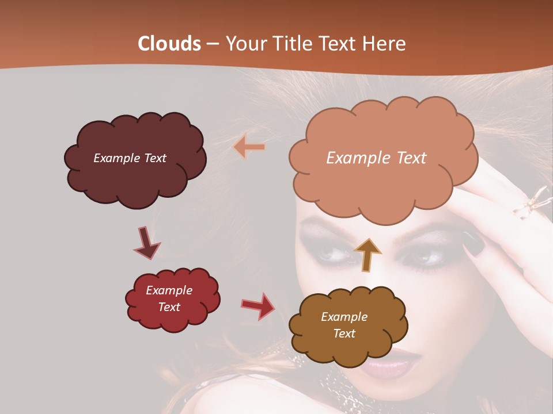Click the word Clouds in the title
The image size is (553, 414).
click(x=169, y=44)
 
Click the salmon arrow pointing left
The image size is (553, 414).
click(x=249, y=147)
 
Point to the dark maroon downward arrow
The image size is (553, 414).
click(x=146, y=244)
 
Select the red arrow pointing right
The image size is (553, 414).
click(x=258, y=305)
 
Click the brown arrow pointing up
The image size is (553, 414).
click(x=368, y=255)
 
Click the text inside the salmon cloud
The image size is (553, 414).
click(x=376, y=158)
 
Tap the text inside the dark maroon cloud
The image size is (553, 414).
click(x=130, y=158)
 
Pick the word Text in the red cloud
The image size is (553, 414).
click(x=169, y=307)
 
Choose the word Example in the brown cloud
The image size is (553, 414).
click(x=344, y=317)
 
